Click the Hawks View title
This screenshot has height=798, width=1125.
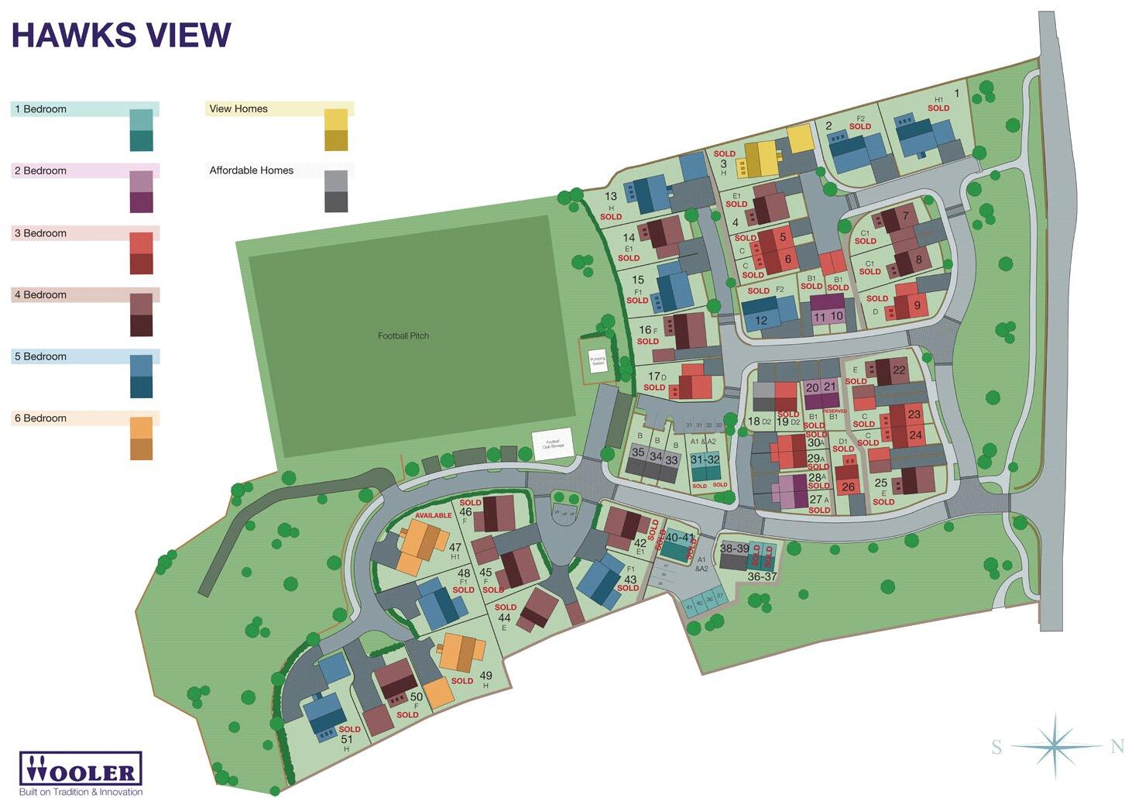[x=121, y=36]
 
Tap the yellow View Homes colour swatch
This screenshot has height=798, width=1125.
[x=336, y=129]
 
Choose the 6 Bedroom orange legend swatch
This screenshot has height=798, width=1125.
[x=141, y=439]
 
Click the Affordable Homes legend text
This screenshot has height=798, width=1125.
[x=251, y=170]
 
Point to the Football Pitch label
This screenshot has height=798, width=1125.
[x=403, y=335]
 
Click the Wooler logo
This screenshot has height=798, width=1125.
[x=81, y=770]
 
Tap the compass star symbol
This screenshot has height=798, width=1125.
[x=1055, y=745]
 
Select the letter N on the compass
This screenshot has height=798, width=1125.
[x=1116, y=747]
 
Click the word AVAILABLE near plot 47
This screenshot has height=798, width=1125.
[x=433, y=515]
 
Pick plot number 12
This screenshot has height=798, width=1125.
[x=761, y=320]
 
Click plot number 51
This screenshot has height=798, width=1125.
[x=347, y=740]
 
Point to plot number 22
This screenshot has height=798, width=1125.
[x=899, y=370]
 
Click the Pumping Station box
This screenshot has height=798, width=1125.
[x=598, y=360]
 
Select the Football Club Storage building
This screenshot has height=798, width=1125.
[x=553, y=444]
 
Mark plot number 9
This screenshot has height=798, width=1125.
[x=917, y=305]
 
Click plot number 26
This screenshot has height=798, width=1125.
[x=848, y=487]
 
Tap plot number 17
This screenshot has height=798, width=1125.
[x=654, y=377]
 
